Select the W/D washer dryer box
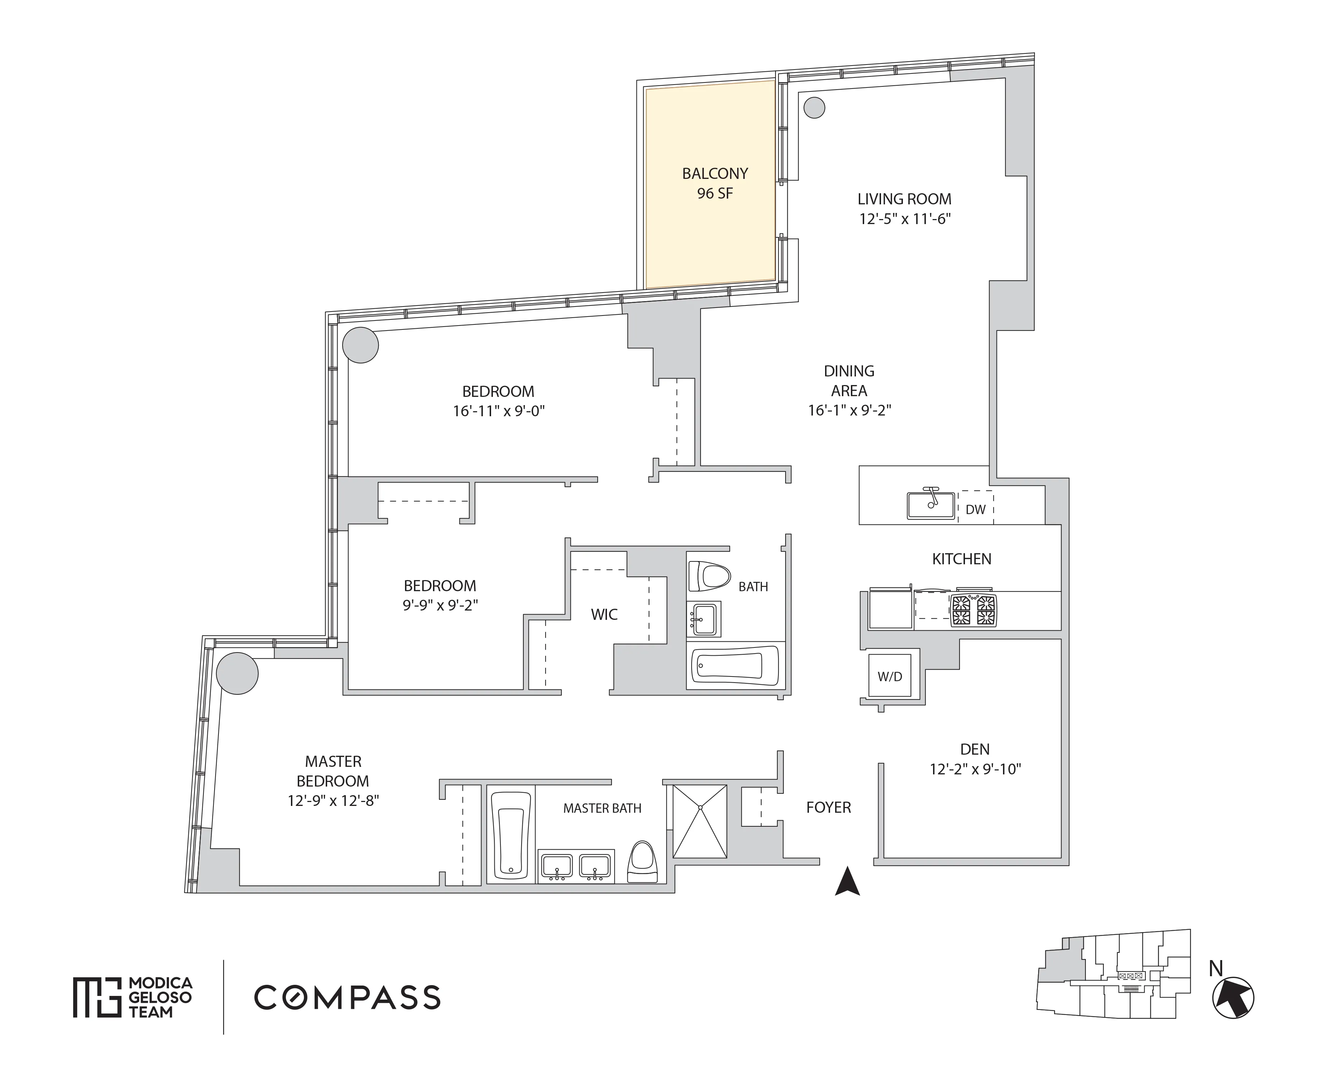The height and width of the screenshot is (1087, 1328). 890,676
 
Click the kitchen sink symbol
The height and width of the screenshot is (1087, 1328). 931,505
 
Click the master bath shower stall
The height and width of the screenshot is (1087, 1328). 700,821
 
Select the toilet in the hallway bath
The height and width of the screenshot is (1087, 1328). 708,576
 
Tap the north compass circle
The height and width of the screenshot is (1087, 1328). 1233,998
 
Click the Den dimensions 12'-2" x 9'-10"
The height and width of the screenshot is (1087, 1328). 975,769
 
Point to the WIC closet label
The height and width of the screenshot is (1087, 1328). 604,614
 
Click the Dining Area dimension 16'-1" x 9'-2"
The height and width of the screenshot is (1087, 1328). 849,410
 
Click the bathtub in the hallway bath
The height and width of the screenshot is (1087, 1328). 735,666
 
